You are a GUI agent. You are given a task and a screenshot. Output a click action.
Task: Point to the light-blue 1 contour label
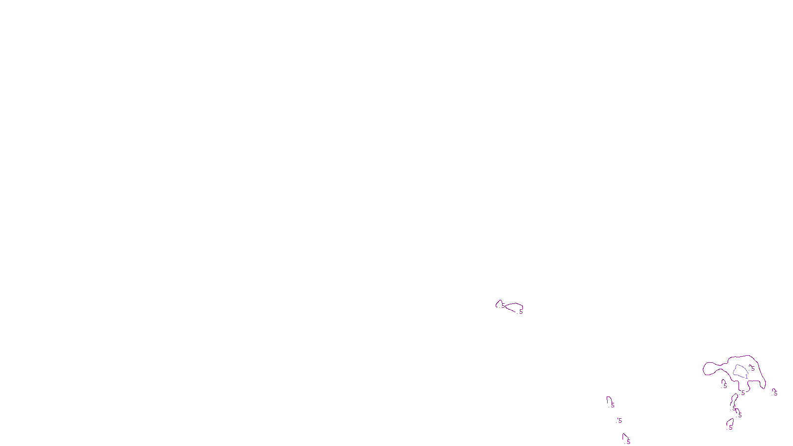click(x=746, y=377)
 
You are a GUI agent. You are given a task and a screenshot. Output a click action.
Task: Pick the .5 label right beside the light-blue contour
click(x=752, y=368)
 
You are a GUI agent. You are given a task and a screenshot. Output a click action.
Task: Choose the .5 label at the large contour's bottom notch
click(x=742, y=393)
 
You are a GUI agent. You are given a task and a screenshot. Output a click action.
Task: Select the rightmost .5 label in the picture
click(x=775, y=393)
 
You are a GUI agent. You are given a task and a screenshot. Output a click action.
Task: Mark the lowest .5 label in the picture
click(x=628, y=442)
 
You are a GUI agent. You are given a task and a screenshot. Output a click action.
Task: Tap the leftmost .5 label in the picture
click(x=503, y=306)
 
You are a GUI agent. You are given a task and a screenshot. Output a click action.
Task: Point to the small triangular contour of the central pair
click(x=499, y=303)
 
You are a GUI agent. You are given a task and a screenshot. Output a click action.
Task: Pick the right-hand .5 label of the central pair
click(x=520, y=312)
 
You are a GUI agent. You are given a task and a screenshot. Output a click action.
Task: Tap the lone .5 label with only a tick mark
click(x=620, y=421)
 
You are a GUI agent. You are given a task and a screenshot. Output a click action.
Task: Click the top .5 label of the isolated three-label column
click(x=612, y=405)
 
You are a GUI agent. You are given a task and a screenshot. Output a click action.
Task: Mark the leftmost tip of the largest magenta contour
click(x=703, y=369)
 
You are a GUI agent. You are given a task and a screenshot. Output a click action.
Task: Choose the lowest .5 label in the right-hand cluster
click(x=730, y=428)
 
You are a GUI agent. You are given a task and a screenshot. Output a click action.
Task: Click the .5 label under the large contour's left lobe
click(x=725, y=386)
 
